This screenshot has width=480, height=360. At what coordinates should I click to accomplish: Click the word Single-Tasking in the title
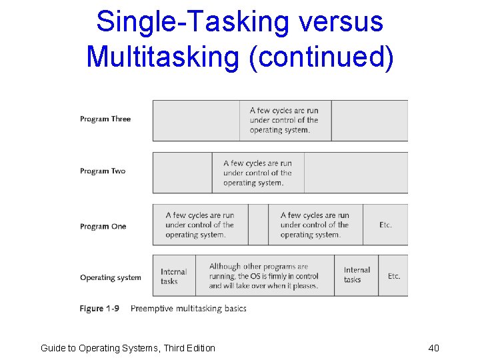pos(182,21)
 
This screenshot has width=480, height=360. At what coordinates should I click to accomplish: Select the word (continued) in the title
pos(321,56)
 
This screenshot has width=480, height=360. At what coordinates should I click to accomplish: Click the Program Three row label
pos(105,119)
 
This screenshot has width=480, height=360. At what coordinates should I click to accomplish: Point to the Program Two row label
pos(103,171)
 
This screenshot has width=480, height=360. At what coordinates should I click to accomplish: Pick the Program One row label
pos(103,227)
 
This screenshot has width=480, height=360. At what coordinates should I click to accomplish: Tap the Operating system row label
pos(111,278)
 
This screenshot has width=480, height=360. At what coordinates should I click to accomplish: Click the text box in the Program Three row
pos(285,121)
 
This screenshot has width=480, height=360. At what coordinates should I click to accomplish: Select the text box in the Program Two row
pos(258,173)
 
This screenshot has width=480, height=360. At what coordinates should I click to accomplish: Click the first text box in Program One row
pos(200,225)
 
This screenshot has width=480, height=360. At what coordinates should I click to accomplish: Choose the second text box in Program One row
pos(315,225)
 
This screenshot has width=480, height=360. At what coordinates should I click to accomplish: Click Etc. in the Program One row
pos(385,225)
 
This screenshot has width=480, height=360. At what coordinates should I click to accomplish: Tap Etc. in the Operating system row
pos(394,276)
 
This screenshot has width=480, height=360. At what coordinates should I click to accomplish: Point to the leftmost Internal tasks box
pos(174,277)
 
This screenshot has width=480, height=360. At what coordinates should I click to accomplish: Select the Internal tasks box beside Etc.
pos(357,275)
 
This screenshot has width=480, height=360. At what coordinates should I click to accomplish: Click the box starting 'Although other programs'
pos(264,276)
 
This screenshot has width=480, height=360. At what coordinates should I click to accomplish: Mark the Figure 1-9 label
pos(101,309)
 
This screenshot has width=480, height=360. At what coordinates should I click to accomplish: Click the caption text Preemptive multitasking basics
pos(189,309)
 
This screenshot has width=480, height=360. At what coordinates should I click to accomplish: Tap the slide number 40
pos(433,348)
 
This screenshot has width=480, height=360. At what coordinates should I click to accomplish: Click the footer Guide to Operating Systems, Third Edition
pos(128,348)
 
